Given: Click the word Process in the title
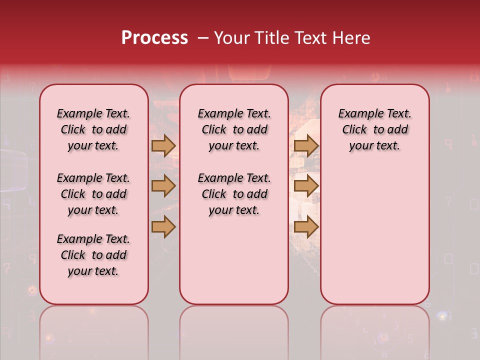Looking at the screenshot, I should [x=154, y=38].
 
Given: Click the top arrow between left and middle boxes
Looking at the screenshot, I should [x=163, y=145].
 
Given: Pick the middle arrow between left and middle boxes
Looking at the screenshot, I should [x=163, y=186].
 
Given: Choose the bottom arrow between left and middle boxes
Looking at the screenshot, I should [x=163, y=226].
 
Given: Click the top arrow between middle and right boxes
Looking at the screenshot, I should [x=306, y=145].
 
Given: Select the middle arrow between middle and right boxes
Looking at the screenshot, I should [x=306, y=186].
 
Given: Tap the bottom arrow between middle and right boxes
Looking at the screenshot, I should [x=306, y=226].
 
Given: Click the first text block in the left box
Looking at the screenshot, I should [x=93, y=129].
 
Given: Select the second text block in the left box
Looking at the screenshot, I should [x=93, y=194].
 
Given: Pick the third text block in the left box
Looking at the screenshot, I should [x=93, y=255].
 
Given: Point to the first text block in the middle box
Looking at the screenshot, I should [x=234, y=129].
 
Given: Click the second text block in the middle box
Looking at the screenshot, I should [x=234, y=194].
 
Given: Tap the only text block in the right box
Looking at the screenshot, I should [x=375, y=129].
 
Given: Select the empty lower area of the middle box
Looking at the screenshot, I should [x=234, y=260].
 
